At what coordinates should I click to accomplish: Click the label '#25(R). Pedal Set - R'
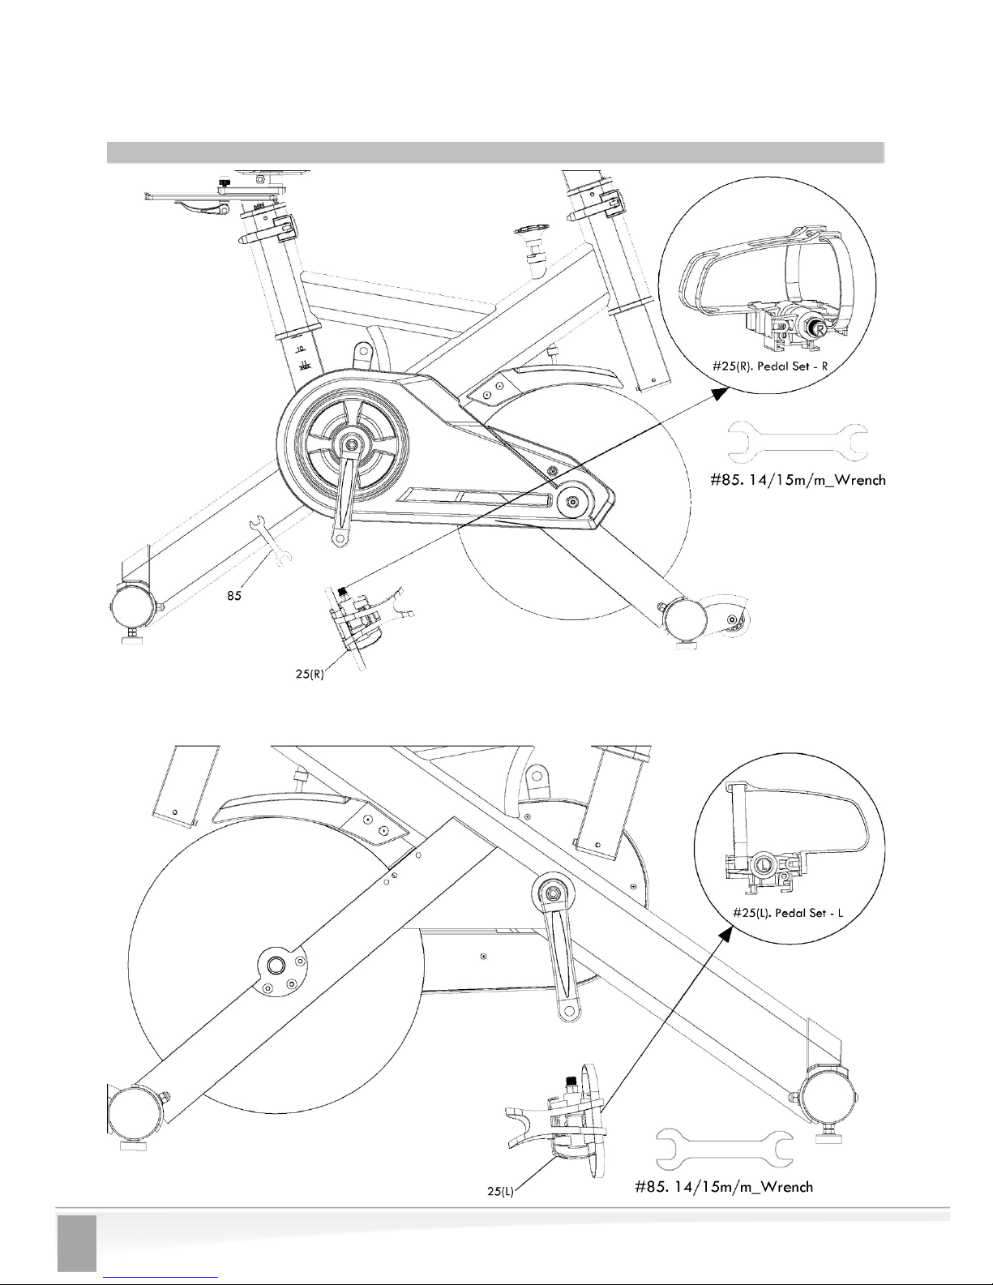769,366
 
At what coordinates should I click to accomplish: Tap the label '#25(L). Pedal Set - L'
788,913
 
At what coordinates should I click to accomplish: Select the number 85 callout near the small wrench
234,596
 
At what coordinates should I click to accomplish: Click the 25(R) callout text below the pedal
310,674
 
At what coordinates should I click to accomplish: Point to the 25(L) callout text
501,1191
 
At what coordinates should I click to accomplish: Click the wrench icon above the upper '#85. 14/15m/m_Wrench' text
798,443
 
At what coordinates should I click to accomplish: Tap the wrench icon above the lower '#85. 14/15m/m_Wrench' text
725,1148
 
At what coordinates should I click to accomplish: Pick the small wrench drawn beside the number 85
270,541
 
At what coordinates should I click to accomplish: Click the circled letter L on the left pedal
764,865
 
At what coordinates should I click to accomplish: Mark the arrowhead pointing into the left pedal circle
726,934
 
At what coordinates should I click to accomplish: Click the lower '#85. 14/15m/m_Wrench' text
724,1187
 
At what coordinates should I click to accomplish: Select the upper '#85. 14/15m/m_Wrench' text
798,480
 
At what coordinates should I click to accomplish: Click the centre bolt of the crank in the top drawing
352,443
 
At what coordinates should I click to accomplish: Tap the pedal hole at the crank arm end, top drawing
340,538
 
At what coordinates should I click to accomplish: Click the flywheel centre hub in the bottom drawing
276,966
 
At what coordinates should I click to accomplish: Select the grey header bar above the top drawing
495,152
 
